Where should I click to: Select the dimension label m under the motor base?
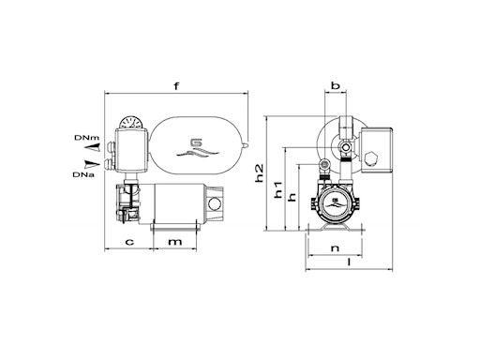click(175, 243)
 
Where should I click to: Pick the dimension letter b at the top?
click(335, 87)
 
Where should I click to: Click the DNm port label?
click(82, 138)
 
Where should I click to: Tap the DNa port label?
click(81, 172)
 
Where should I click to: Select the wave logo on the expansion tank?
click(197, 146)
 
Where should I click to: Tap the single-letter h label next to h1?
click(292, 197)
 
